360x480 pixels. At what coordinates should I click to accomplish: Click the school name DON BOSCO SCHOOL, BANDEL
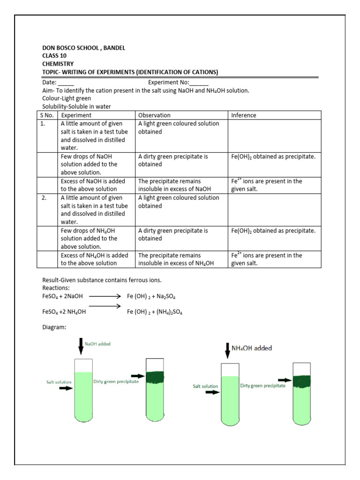tap(83, 48)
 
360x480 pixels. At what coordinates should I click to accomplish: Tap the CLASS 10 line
tap(54, 56)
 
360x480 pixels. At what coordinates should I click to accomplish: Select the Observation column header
tap(154, 115)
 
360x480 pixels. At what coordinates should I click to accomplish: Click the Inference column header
tap(244, 115)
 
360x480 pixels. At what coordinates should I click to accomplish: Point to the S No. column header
tap(47, 115)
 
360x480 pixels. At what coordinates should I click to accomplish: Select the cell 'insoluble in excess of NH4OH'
tap(176, 263)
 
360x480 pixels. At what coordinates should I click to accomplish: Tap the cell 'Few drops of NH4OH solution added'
tap(89, 239)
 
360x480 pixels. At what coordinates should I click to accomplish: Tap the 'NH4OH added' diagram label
tap(252, 348)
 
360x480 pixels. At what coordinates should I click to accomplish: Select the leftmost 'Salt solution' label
tap(59, 382)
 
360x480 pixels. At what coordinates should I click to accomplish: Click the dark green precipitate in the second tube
tap(155, 377)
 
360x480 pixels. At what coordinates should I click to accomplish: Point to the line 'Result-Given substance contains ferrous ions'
tap(102, 280)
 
